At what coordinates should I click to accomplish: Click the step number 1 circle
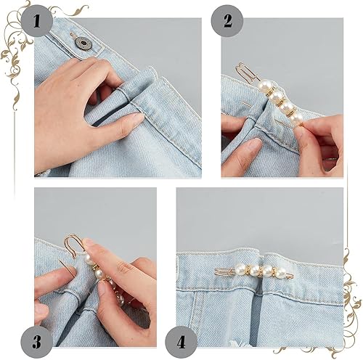tap(36, 21)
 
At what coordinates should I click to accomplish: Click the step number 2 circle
tap(227, 21)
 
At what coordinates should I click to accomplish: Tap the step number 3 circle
tap(36, 342)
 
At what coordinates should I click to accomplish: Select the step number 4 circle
tap(181, 342)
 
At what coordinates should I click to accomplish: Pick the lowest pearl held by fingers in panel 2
tap(296, 118)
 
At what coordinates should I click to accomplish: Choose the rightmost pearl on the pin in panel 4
tap(281, 273)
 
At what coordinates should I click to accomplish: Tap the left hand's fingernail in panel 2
tap(254, 144)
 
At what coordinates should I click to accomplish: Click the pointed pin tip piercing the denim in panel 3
tap(60, 261)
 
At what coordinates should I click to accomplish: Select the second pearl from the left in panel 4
tap(255, 271)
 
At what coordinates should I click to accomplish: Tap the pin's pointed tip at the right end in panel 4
tap(293, 275)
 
